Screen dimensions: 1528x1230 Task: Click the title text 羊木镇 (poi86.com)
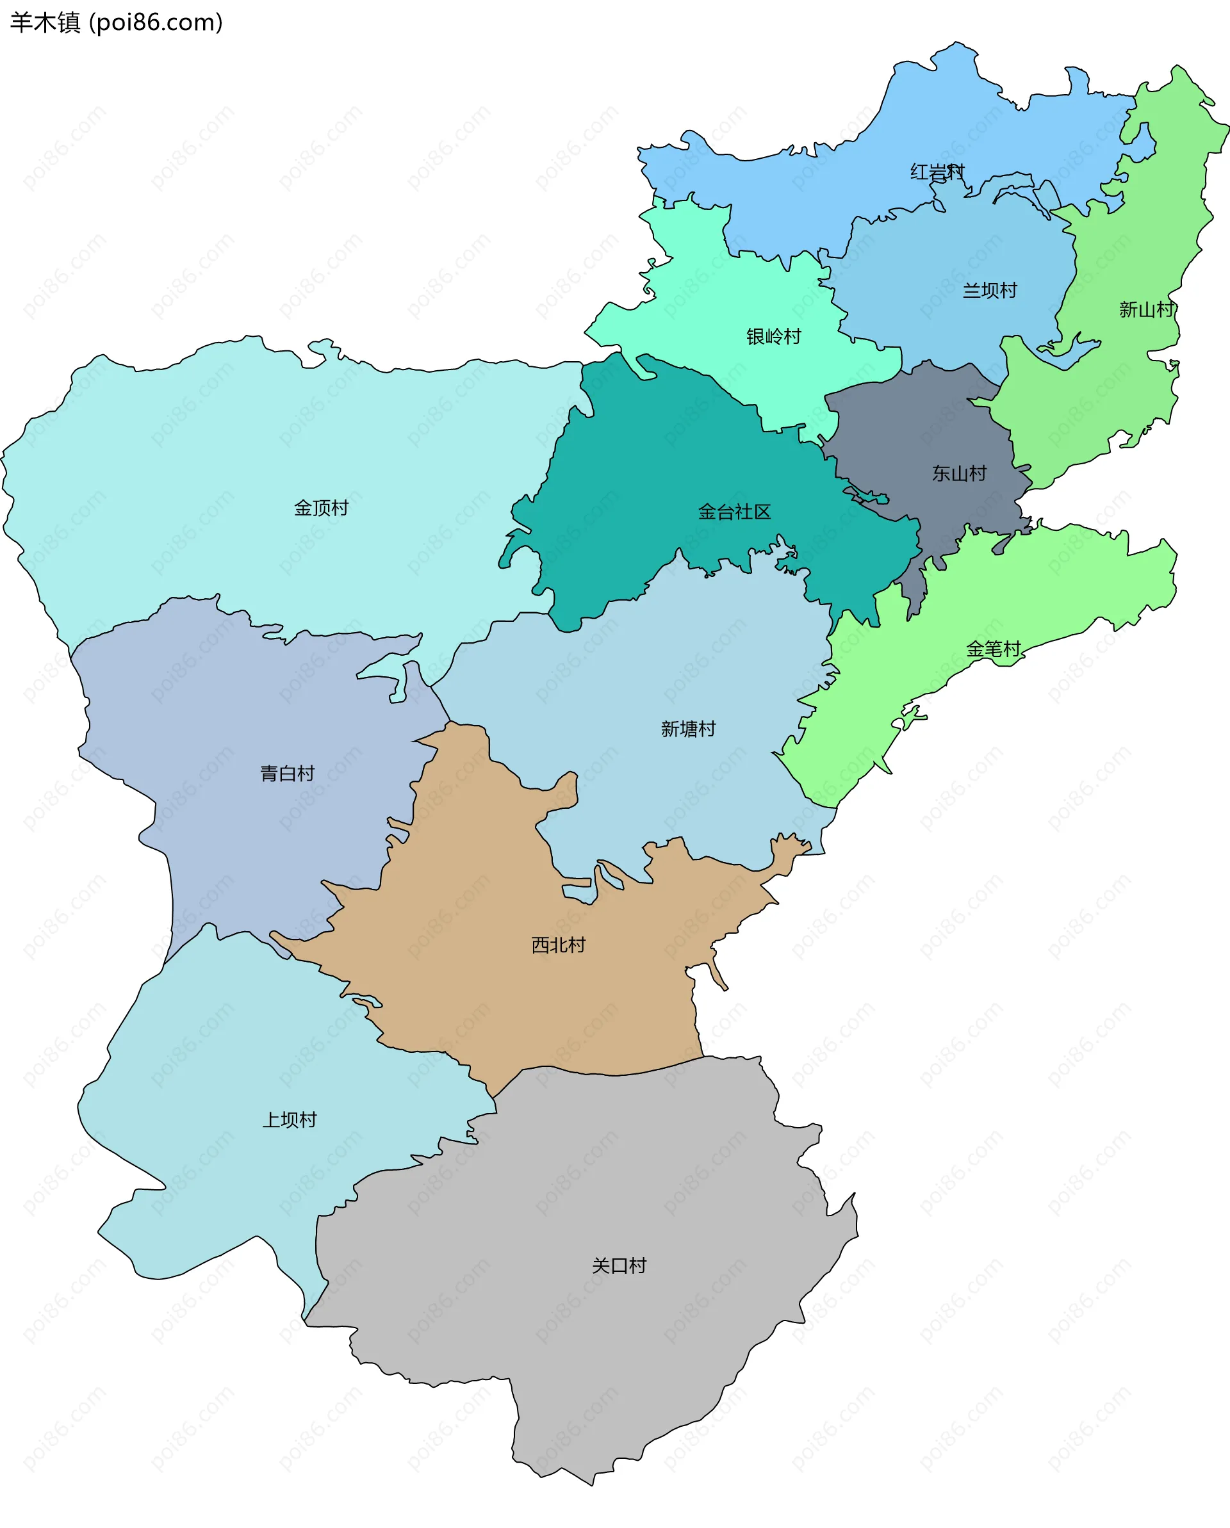[116, 22]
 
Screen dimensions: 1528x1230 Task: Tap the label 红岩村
[937, 172]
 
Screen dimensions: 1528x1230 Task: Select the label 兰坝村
[990, 291]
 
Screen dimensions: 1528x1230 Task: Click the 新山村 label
[1146, 310]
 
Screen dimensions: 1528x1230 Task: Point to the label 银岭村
[773, 337]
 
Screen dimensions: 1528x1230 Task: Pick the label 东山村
[959, 473]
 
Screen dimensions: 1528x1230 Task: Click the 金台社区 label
[734, 512]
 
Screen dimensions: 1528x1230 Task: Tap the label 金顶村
[321, 508]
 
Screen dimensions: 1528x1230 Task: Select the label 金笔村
[993, 649]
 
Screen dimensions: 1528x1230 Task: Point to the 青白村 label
[287, 774]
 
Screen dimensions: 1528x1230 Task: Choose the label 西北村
[559, 945]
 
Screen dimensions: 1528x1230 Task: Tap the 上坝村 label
[290, 1121]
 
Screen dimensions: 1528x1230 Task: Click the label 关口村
[619, 1266]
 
